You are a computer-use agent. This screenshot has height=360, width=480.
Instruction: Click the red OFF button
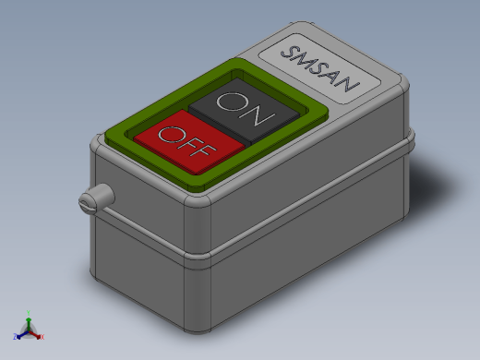point(189,143)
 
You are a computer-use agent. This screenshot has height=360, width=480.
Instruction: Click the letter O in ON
point(233,102)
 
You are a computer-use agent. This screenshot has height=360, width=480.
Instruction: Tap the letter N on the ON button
point(257,117)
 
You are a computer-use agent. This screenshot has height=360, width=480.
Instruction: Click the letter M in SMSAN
point(304,63)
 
